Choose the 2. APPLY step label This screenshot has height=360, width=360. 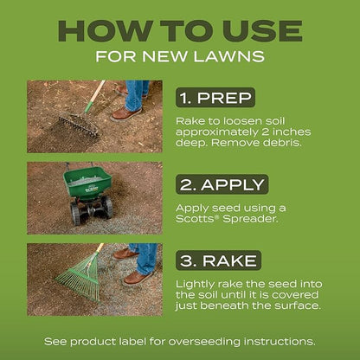click(223, 183)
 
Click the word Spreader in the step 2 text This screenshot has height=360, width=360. click(251, 221)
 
